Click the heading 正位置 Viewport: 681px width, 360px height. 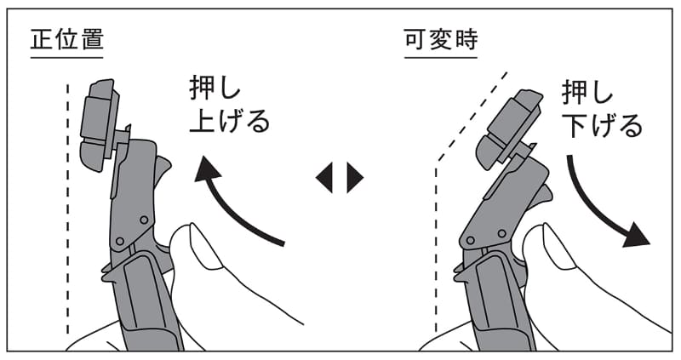67,38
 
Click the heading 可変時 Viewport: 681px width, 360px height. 441,38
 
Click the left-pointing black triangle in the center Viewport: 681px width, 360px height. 324,177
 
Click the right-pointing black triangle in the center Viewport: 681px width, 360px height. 355,177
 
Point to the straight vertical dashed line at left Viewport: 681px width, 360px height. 68,209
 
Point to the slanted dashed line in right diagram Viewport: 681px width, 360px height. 472,116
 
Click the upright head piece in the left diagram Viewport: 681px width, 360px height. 99,124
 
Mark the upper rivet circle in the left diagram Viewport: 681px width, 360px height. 144,220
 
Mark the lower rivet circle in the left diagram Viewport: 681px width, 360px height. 120,241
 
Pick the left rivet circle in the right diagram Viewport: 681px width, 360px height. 470,240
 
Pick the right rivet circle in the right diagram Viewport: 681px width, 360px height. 501,234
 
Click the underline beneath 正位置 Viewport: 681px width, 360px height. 67,57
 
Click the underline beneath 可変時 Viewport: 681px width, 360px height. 441,57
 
